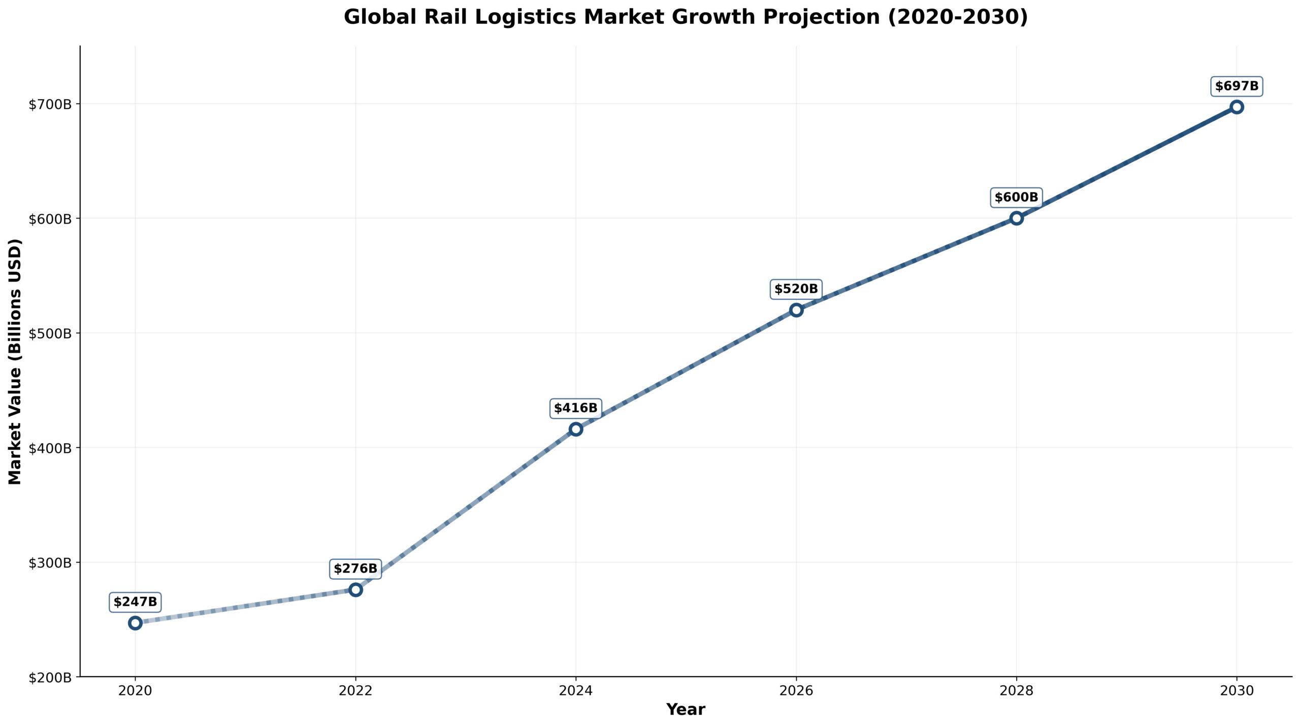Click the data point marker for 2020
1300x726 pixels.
click(135, 623)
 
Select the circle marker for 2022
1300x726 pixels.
click(355, 590)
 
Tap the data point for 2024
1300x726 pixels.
click(576, 429)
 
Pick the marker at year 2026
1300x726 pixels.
click(796, 310)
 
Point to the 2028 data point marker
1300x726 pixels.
click(1016, 218)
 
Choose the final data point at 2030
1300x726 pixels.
click(1237, 107)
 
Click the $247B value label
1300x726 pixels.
click(135, 602)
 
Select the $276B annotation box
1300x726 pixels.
click(355, 569)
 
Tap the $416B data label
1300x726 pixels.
click(576, 408)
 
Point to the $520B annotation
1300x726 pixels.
click(796, 289)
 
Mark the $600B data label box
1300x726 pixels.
click(1016, 197)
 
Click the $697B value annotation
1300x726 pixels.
click(1237, 86)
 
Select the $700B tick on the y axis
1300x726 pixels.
click(50, 105)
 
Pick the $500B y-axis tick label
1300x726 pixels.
click(50, 334)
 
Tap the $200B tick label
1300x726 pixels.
click(50, 677)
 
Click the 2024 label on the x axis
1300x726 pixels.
click(576, 691)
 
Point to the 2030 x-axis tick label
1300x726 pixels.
click(1237, 691)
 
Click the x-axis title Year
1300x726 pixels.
click(686, 710)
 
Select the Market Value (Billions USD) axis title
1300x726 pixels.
click(15, 361)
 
